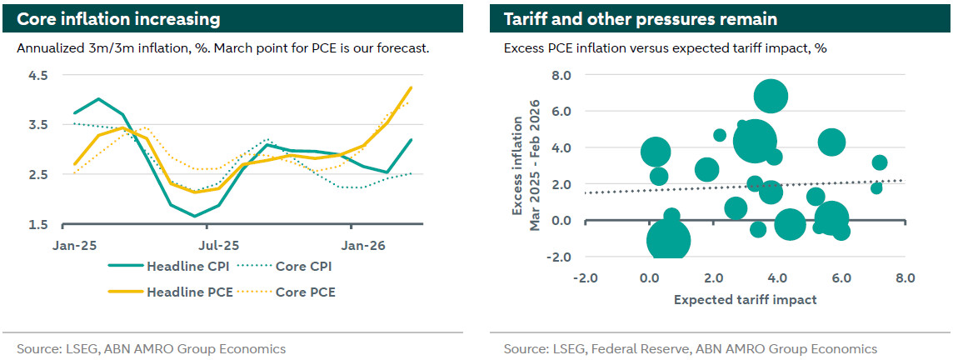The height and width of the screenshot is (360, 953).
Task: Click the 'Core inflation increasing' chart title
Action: coord(119,18)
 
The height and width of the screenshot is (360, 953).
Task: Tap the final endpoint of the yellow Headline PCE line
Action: coord(411,87)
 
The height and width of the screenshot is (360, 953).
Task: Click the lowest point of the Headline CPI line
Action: coord(196,216)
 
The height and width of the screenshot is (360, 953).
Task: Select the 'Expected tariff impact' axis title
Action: coord(745,299)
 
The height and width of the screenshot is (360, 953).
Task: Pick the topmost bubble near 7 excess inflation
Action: coord(771,97)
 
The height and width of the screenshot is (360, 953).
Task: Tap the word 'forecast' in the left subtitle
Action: coord(402,47)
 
